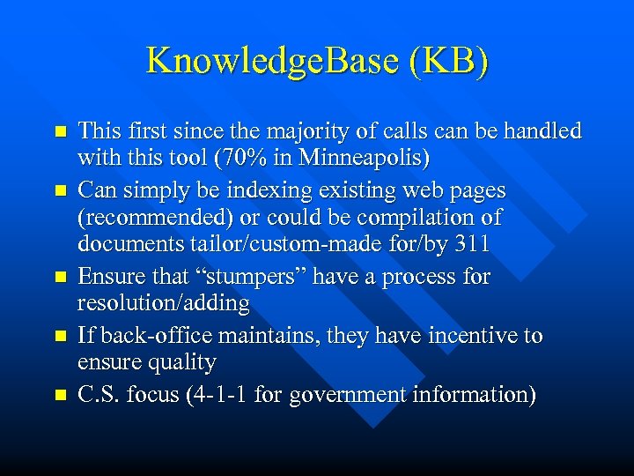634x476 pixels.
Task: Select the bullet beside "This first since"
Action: coord(61,131)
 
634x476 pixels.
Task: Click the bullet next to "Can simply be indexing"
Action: coord(61,190)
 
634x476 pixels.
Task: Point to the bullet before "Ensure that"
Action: coord(61,277)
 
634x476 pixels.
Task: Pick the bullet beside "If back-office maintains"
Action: coord(61,336)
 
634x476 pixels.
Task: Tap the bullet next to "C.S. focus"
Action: coord(61,394)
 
